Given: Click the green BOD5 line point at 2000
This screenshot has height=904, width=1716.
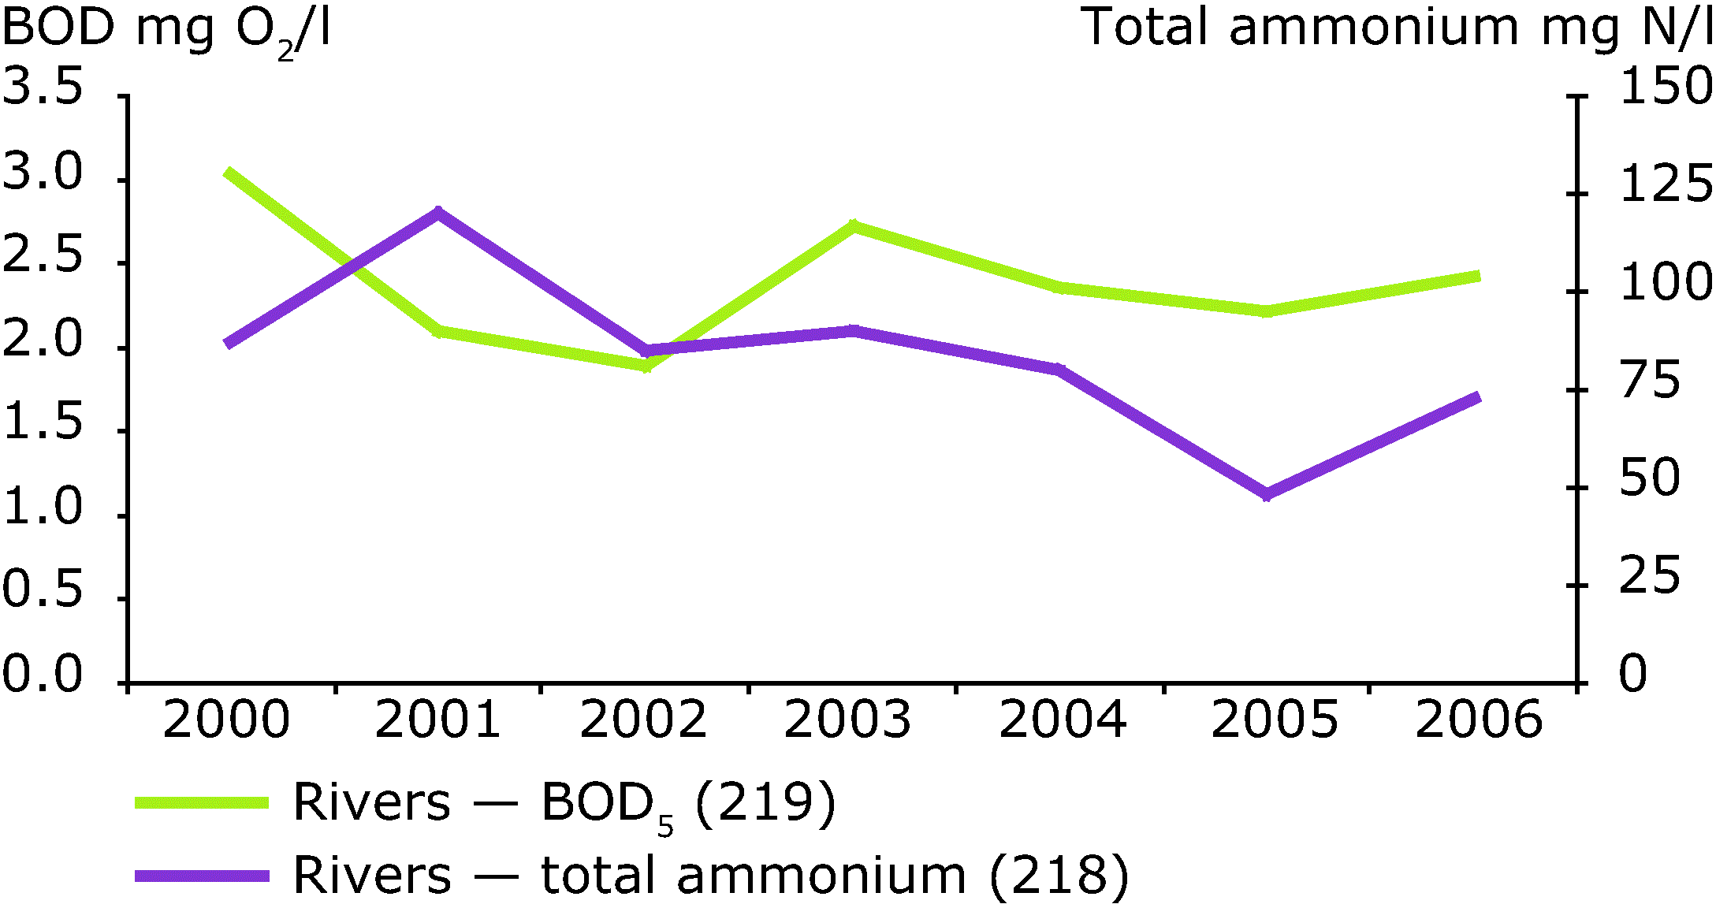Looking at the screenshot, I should click(228, 173).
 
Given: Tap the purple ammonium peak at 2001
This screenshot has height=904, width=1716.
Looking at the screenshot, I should click(438, 212).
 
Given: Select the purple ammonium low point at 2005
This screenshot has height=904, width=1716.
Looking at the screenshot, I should click(1267, 494).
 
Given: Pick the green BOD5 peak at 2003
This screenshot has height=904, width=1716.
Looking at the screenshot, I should click(852, 226).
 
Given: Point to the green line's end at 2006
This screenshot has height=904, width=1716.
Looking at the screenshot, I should click(1479, 277).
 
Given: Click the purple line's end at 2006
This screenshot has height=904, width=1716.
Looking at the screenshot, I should click(1479, 397).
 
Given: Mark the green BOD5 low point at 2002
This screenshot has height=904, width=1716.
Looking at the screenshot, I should click(646, 365).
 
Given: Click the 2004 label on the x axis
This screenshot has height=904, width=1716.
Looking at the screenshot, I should click(1063, 719).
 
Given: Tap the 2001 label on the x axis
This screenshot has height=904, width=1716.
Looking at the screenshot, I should click(437, 719).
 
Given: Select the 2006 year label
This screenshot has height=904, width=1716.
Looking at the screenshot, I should click(1478, 719).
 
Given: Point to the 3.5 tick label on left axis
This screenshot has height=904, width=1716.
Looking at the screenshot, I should click(43, 85).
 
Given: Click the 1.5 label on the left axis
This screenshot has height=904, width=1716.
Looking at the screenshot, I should click(43, 422).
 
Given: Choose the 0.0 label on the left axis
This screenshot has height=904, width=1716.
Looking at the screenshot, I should click(43, 674).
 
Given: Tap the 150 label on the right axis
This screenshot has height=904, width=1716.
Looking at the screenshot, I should click(1666, 85).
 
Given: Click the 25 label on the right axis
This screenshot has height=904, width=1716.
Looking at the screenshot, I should click(1650, 575).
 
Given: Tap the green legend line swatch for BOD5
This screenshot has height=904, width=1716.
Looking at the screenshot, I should click(202, 803).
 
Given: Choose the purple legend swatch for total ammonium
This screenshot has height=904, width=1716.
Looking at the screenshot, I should click(202, 876).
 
